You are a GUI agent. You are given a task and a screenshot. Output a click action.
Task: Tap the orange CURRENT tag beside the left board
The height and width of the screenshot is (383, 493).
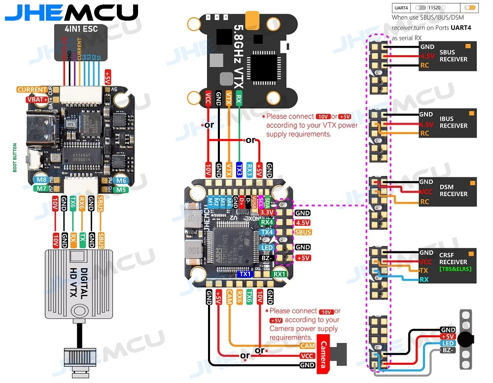[x=32, y=90]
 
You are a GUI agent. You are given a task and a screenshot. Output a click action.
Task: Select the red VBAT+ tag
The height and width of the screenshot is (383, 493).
[x=38, y=100]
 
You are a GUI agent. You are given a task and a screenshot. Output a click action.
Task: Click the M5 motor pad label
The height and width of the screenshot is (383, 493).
[x=121, y=189]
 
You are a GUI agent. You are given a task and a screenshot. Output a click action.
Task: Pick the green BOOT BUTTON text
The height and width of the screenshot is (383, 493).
[x=15, y=158]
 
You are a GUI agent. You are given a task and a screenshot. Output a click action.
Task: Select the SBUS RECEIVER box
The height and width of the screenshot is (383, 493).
[x=448, y=56]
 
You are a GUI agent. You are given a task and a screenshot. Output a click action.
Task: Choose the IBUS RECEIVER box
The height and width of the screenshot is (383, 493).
[x=448, y=122]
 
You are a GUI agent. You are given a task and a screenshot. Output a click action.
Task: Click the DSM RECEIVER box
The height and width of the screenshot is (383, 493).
[x=448, y=190]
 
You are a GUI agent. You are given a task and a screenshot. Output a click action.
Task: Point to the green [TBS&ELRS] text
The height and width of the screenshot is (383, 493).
[x=455, y=269]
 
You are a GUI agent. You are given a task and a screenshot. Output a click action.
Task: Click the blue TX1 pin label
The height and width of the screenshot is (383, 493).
[x=245, y=274]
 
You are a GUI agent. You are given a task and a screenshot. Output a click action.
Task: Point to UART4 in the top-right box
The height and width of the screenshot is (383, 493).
[x=402, y=8]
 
